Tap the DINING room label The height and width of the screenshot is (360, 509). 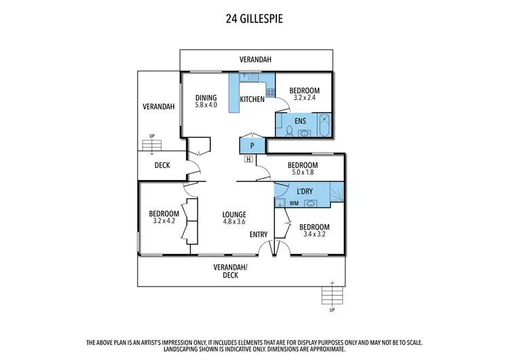click(x=206, y=98)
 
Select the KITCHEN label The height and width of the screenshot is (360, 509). click(x=252, y=100)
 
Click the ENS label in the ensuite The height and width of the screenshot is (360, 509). click(x=300, y=121)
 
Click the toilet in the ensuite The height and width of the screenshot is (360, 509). click(x=288, y=130)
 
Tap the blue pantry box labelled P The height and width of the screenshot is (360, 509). click(x=252, y=145)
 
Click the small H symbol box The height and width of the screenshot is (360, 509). click(x=248, y=160)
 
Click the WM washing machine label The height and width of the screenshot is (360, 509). click(x=294, y=202)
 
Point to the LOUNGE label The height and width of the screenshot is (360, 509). click(x=233, y=215)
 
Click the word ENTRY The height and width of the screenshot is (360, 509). click(x=259, y=234)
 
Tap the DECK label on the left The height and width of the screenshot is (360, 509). click(x=162, y=165)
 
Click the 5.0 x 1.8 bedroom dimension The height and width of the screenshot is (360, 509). click(x=302, y=173)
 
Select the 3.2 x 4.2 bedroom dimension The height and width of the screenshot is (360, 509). click(x=164, y=221)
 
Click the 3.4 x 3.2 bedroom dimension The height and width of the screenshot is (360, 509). click(x=314, y=234)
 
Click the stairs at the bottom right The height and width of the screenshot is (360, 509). click(x=332, y=295)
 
